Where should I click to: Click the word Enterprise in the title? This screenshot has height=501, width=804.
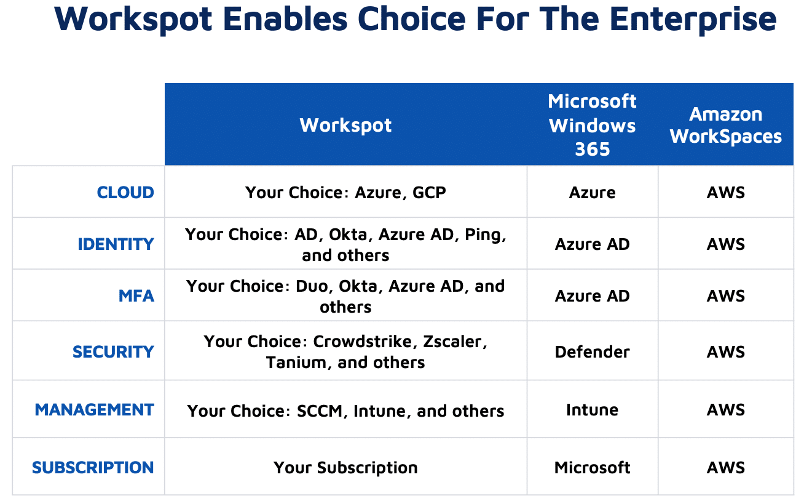[693, 20]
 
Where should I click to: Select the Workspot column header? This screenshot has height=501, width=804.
[345, 126]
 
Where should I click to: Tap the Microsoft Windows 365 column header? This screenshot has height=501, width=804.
[592, 125]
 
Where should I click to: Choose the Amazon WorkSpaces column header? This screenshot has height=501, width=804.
[725, 126]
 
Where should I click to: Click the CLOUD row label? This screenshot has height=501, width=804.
[125, 193]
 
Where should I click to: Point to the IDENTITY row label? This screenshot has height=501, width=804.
[116, 244]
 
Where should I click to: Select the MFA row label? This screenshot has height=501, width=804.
[136, 296]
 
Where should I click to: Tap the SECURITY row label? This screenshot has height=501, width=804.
[113, 352]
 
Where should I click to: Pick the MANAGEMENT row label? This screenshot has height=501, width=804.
[94, 410]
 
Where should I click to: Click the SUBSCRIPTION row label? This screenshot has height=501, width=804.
[93, 468]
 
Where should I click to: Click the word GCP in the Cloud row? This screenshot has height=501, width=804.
[429, 193]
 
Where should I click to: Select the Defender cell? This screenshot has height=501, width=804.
[592, 352]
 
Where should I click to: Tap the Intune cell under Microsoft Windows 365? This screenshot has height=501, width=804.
[592, 410]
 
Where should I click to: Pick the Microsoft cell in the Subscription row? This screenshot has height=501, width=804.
[592, 468]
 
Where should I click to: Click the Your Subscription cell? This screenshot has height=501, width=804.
[345, 468]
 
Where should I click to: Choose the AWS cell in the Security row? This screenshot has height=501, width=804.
[725, 352]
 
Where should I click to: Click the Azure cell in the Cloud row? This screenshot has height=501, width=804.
[592, 193]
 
